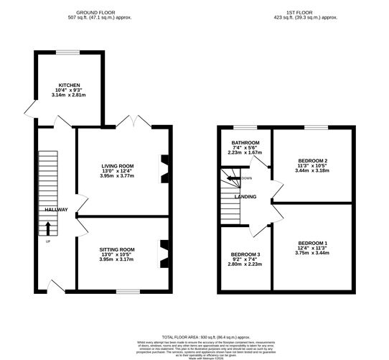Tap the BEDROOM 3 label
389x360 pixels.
click(x=245, y=255)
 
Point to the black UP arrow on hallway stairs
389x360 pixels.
click(x=48, y=229)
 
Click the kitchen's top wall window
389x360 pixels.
click(x=67, y=51)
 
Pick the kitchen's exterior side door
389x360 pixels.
click(x=29, y=109)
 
